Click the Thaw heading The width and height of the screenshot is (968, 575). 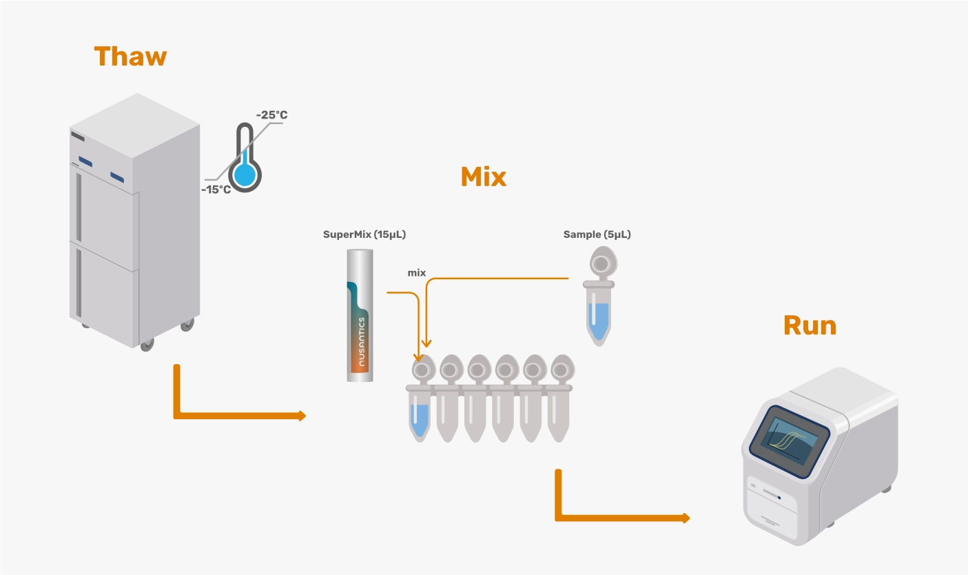click(130, 56)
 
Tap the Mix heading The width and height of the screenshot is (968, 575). click(483, 177)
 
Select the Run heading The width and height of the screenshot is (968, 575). click(810, 325)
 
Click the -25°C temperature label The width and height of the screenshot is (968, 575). click(271, 114)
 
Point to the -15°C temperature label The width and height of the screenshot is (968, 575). click(216, 189)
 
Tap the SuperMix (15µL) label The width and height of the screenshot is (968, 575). click(364, 234)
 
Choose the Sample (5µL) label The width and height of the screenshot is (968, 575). click(597, 234)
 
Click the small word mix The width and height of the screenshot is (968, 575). click(417, 273)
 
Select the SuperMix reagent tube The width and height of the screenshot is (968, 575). click(360, 316)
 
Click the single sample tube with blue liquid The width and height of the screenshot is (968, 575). click(599, 314)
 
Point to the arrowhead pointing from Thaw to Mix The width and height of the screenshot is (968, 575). click(301, 416)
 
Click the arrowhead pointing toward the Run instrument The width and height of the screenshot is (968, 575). click(686, 518)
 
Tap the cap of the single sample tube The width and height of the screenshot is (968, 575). click(601, 263)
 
